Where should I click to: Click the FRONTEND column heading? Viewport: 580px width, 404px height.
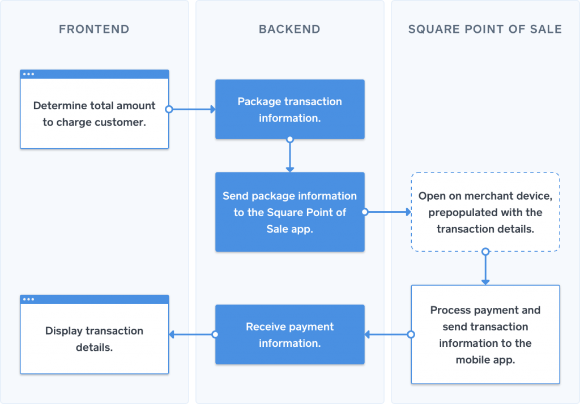pyautogui.click(x=94, y=29)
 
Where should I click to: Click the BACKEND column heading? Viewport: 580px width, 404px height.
pyautogui.click(x=289, y=29)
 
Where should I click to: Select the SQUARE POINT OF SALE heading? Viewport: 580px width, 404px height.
pyautogui.click(x=485, y=29)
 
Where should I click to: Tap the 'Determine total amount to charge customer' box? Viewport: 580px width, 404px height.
pyautogui.click(x=94, y=114)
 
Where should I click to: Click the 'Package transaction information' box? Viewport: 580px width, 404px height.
pyautogui.click(x=289, y=109)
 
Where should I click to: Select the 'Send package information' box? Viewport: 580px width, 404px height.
pyautogui.click(x=289, y=212)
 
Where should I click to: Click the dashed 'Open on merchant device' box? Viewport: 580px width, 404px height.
pyautogui.click(x=485, y=212)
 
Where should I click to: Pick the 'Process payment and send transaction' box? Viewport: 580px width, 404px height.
pyautogui.click(x=485, y=334)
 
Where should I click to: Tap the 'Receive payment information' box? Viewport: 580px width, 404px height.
pyautogui.click(x=289, y=334)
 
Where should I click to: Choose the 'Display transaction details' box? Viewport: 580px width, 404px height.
pyautogui.click(x=94, y=339)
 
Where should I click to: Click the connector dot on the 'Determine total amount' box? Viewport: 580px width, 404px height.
pyautogui.click(x=168, y=109)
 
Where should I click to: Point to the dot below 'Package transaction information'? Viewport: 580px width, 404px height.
pyautogui.click(x=290, y=139)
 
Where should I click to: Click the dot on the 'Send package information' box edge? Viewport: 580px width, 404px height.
pyautogui.click(x=364, y=212)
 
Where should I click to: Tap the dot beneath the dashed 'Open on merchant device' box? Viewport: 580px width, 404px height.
pyautogui.click(x=485, y=251)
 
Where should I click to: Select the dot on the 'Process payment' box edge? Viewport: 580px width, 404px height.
pyautogui.click(x=411, y=334)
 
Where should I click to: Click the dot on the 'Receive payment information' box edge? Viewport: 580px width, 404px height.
pyautogui.click(x=215, y=334)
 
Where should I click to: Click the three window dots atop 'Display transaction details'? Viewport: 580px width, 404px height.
pyautogui.click(x=28, y=299)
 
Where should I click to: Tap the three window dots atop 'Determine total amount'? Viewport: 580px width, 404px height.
pyautogui.click(x=28, y=74)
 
